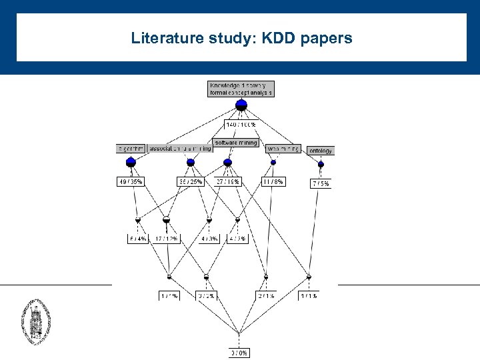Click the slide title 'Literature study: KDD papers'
coord(241,39)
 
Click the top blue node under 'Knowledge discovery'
coord(241,104)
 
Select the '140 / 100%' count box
coord(241,125)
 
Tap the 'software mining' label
coord(235,143)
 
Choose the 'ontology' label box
coord(320,151)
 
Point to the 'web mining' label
coord(283,148)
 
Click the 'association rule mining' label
coord(179,148)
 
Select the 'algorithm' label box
coord(131,148)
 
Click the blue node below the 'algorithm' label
coord(131,162)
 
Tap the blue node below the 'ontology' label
coord(321,164)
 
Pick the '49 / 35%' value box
coord(130,181)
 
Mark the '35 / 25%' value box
coord(190,181)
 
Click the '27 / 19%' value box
coord(227,181)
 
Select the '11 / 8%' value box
coord(273,181)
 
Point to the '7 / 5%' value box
coord(321,183)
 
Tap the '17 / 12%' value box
coord(166,239)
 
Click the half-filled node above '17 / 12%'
coord(166,219)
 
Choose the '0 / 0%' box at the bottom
coord(239,353)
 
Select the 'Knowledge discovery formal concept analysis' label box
coord(241,89)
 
